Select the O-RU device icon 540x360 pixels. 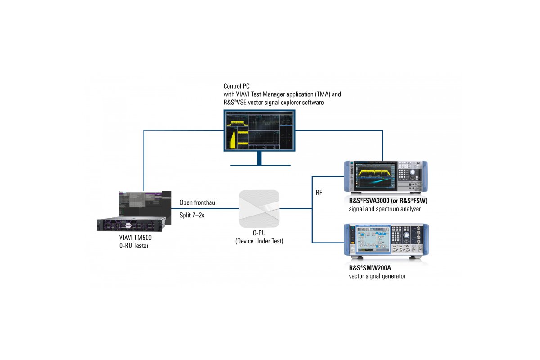(x=259, y=209)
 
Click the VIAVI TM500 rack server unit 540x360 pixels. (x=131, y=224)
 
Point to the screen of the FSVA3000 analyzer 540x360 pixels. (x=375, y=176)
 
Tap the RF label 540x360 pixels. (x=319, y=192)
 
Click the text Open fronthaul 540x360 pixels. (x=198, y=202)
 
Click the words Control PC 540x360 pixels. (x=236, y=86)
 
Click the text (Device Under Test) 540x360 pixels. (x=259, y=242)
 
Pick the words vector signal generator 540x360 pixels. (x=377, y=276)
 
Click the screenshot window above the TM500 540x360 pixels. (x=144, y=204)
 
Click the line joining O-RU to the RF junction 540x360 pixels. (x=295, y=209)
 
